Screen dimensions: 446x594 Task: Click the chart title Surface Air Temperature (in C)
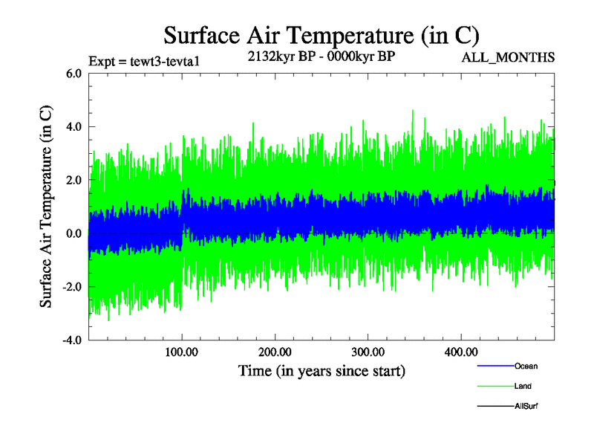tap(322, 35)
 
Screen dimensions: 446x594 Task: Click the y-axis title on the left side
tap(46, 207)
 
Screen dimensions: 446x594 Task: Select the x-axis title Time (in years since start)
tap(322, 369)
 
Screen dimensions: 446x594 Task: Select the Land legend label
tap(523, 386)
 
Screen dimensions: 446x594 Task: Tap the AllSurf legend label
tap(526, 406)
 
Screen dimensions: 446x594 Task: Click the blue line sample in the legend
tap(495, 366)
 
